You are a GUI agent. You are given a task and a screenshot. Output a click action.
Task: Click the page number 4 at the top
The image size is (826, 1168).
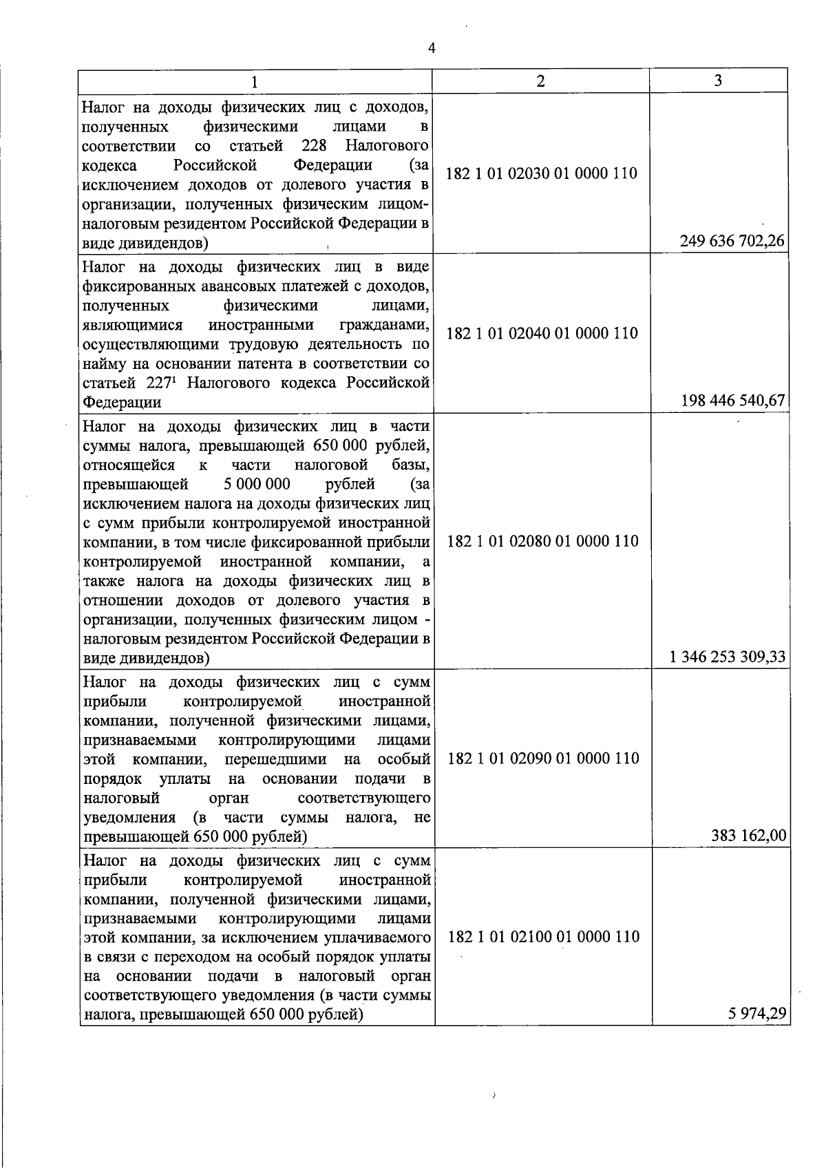tap(432, 48)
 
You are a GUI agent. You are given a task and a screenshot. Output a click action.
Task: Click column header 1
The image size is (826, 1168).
tap(255, 82)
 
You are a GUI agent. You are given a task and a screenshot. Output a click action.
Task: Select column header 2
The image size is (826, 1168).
tap(541, 81)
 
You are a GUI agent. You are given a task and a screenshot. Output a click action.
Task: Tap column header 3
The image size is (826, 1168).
tap(718, 81)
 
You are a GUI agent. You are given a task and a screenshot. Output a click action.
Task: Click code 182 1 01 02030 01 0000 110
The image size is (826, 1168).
tap(542, 173)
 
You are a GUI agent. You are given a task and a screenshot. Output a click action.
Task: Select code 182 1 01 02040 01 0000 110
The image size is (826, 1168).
tap(542, 334)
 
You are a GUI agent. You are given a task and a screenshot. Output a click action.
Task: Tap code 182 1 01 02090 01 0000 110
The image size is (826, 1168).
tap(543, 758)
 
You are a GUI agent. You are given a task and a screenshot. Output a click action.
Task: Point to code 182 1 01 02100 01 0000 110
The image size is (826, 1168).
tap(543, 937)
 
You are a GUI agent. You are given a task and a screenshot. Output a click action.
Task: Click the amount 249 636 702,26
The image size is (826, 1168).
tap(732, 241)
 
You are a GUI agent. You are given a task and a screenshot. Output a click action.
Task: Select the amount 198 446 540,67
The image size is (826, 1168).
tap(733, 401)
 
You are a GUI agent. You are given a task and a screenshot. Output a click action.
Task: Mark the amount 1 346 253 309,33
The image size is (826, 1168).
tap(728, 657)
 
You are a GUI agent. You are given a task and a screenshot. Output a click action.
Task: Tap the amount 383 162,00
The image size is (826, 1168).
tap(748, 836)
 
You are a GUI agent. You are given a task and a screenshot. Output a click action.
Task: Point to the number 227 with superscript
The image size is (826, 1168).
tap(162, 383)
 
